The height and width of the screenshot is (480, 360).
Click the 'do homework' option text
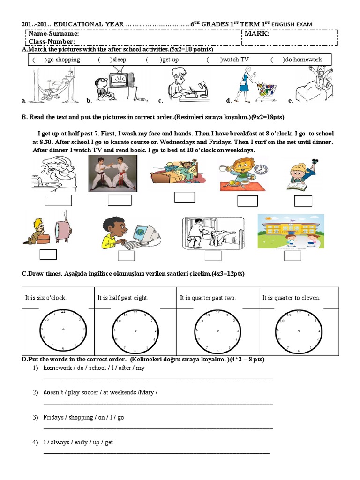(303, 60)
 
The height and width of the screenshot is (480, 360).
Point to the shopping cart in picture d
(264, 89)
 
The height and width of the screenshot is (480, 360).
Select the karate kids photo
(113, 173)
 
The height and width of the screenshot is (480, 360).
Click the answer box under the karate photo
(120, 200)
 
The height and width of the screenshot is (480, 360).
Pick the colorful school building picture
(291, 232)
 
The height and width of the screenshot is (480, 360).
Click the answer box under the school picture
(294, 255)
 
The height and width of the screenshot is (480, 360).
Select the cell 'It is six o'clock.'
(46, 298)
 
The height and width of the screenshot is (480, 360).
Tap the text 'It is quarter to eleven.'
(291, 298)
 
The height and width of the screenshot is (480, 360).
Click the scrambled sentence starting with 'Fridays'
(83, 417)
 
